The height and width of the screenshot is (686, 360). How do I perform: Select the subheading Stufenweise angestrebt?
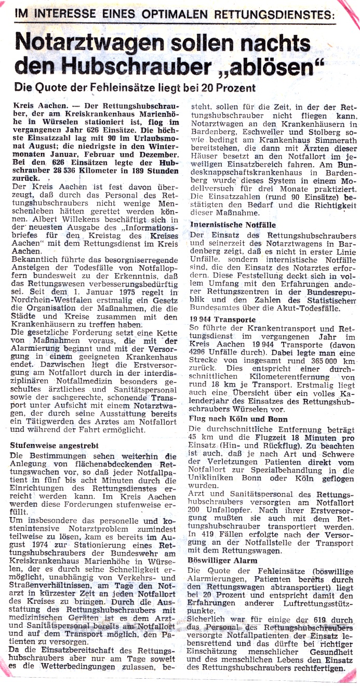(x=54, y=445)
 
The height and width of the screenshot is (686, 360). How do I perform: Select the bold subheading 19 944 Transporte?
(x=222, y=320)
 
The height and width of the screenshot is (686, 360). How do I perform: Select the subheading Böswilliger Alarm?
(x=223, y=561)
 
